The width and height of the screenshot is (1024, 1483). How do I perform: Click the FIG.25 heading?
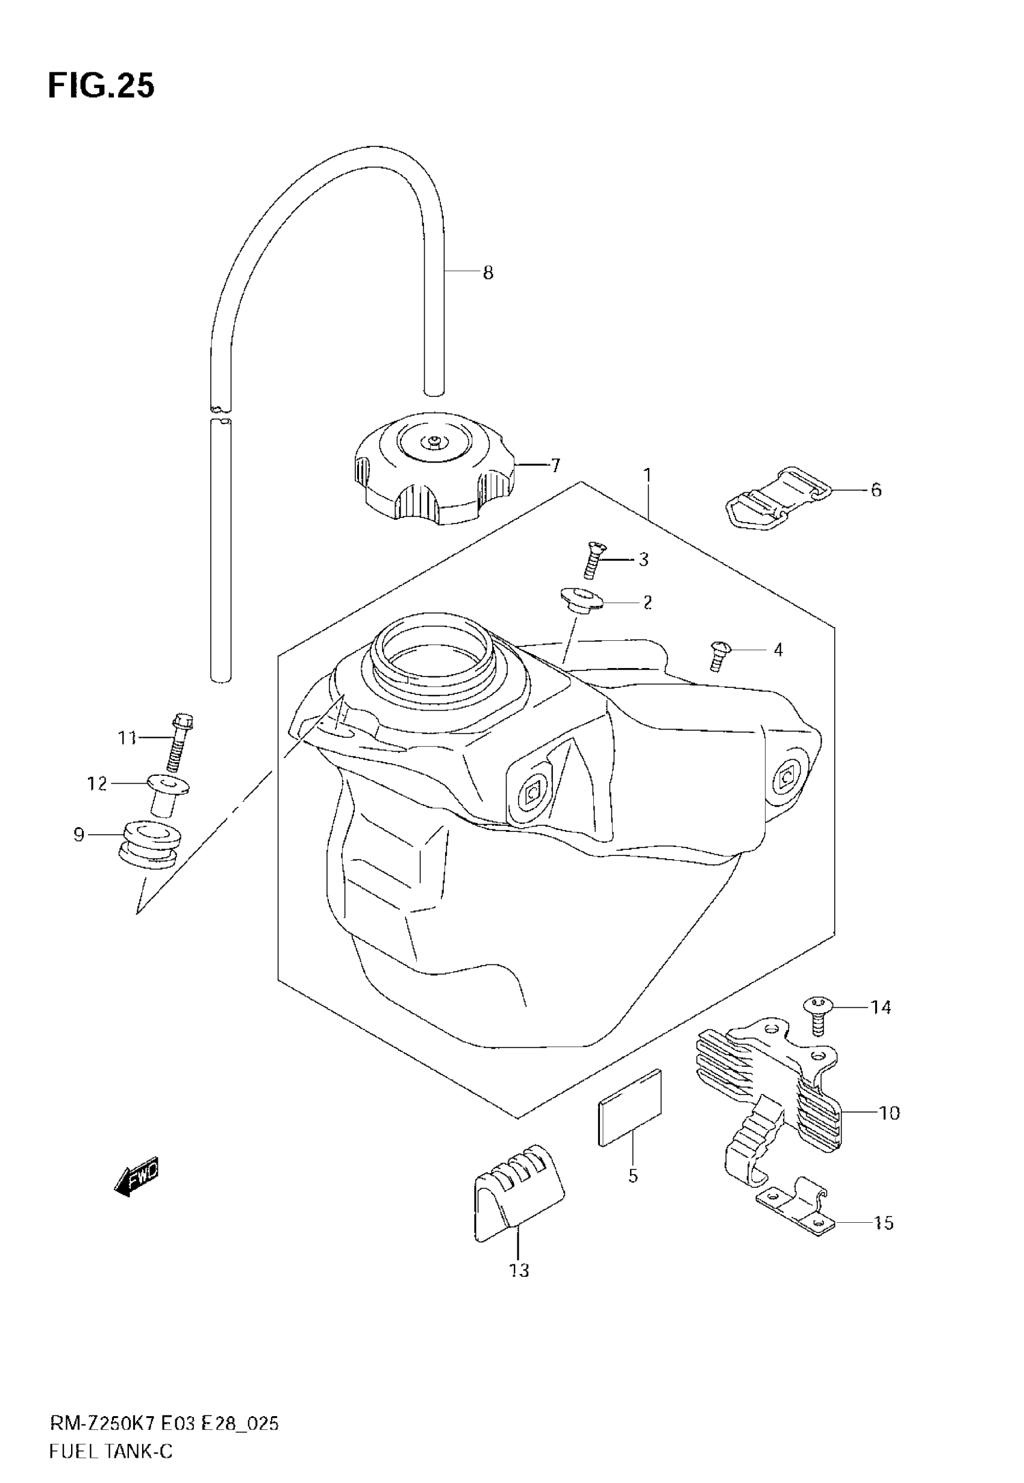click(101, 86)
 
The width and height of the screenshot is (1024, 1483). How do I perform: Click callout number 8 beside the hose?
click(488, 273)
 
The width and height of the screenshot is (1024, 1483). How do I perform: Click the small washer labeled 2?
click(582, 600)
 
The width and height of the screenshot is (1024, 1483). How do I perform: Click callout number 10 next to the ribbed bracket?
click(888, 1113)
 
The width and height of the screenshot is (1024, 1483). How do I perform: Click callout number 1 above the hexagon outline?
click(648, 475)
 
